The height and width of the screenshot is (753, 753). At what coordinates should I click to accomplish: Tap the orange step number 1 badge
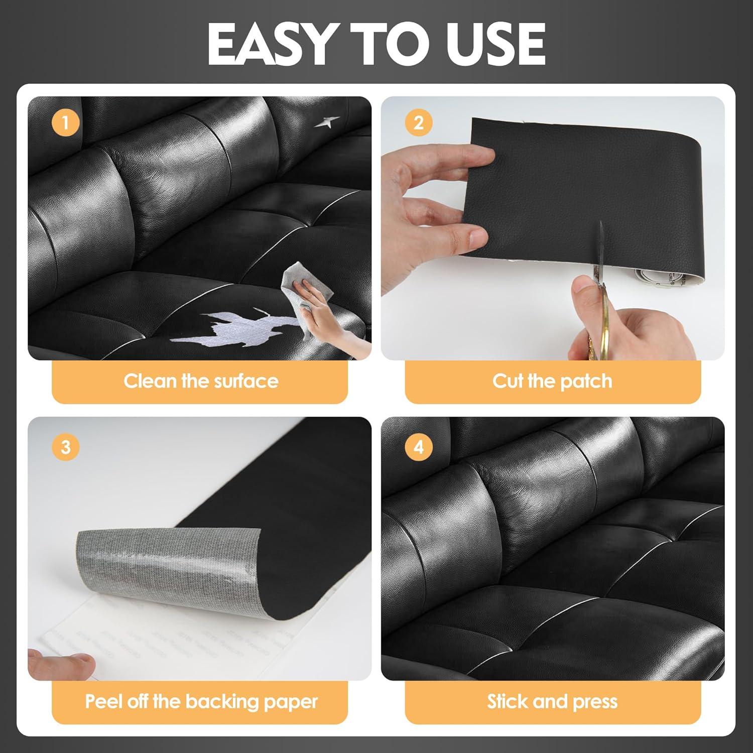pos(65,123)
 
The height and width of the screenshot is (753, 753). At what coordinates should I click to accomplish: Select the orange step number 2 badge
pos(419,123)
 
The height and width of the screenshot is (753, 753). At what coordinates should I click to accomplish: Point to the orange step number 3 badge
pos(65,446)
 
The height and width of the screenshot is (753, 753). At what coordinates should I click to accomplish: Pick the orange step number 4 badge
pos(419,446)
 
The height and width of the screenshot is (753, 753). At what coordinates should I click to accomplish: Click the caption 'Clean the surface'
pos(201,381)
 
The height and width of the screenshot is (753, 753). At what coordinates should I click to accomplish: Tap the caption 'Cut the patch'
pos(552,381)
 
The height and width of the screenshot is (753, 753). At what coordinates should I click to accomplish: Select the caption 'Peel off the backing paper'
pos(201,701)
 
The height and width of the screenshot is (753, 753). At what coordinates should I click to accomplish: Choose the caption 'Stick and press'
pos(552,701)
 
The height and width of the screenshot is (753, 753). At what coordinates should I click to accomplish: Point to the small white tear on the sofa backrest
pos(327,121)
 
